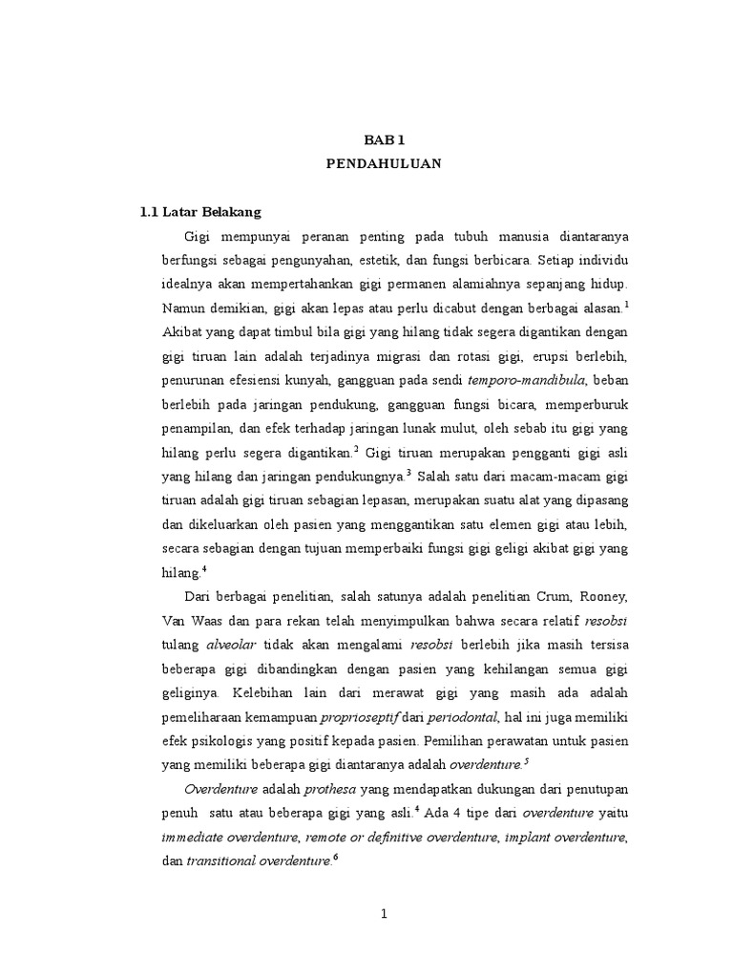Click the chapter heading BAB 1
tap(384, 139)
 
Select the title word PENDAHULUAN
tap(384, 164)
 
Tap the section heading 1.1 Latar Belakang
tap(200, 211)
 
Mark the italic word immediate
tap(197, 839)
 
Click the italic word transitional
tap(226, 862)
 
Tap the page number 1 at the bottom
tap(384, 915)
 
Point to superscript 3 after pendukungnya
tap(408, 473)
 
